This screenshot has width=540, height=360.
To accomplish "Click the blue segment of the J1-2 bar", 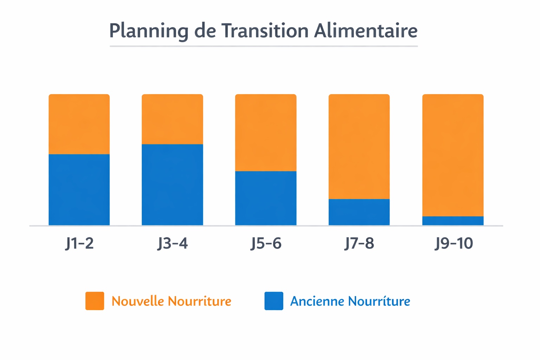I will coord(79,189).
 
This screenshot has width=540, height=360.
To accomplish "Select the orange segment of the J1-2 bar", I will coord(79,124).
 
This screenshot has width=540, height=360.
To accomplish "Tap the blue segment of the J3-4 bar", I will coord(172,185).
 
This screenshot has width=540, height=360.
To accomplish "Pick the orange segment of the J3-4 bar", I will coord(172,119).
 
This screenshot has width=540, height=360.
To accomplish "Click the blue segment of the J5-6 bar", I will coord(266,198).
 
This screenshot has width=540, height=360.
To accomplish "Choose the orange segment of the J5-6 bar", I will coord(266,133).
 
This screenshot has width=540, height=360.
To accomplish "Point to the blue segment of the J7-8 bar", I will coord(359,212).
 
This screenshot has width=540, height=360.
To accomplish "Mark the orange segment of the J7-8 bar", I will coord(359,147).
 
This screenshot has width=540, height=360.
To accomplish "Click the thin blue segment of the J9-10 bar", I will coord(453,221).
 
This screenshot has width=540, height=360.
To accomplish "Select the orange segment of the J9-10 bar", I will coord(453,155).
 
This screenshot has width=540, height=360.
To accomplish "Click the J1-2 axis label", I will coord(79,243).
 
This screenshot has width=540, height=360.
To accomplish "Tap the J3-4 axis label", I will coord(172,243).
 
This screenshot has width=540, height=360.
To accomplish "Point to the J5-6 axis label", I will coord(266,243).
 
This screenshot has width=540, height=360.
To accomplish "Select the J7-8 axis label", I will coord(359,243).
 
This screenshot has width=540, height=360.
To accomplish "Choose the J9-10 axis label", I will coord(454,243).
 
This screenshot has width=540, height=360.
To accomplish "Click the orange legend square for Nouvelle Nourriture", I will coord(95,301).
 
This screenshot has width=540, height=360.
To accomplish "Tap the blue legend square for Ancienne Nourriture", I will coord(274,301).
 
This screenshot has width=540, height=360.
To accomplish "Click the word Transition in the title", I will coord(265,31).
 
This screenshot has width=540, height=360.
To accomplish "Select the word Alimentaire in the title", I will coord(366,31).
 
